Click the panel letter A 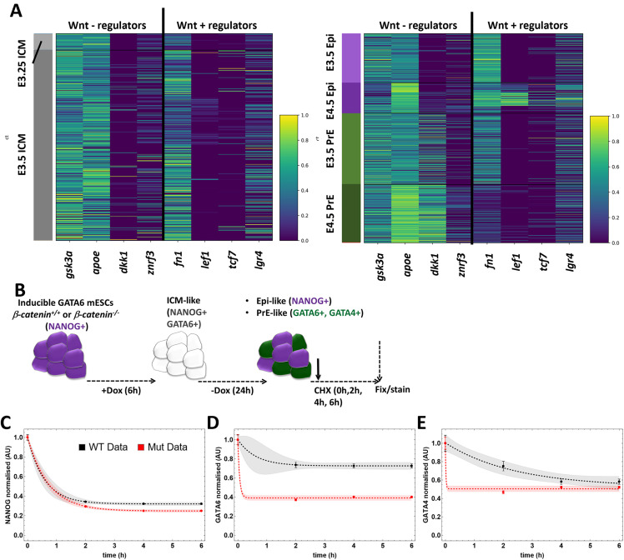coord(16,10)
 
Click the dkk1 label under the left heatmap coord(123,262)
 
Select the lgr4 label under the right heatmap coord(570,262)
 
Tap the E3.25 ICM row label coord(22,62)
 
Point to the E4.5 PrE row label coord(330,213)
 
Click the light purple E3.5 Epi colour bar coord(351,58)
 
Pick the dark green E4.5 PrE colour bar coord(351,212)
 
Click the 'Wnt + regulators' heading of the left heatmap coord(217,26)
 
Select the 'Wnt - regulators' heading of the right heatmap coord(418,26)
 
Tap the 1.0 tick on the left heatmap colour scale coord(304,115)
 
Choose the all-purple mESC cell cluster coord(59,355)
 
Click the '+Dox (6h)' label coord(121,390)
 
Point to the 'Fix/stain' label coord(392,389)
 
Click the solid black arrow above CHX coord(318,369)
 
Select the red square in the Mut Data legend coord(141,447)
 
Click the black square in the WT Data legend coord(82,447)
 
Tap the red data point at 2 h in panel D coord(295,500)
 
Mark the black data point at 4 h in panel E coord(561,482)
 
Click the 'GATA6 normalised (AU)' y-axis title coord(218,485)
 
